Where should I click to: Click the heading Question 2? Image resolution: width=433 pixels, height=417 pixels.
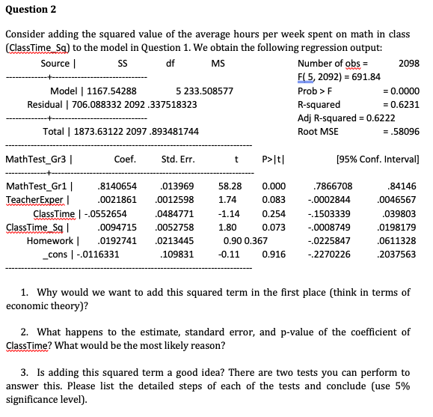(x=30, y=10)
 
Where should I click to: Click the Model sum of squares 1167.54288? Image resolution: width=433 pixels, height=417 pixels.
(x=110, y=91)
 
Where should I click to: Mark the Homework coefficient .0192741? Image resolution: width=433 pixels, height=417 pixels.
(x=118, y=240)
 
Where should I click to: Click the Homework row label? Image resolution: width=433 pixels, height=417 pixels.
(x=49, y=240)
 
